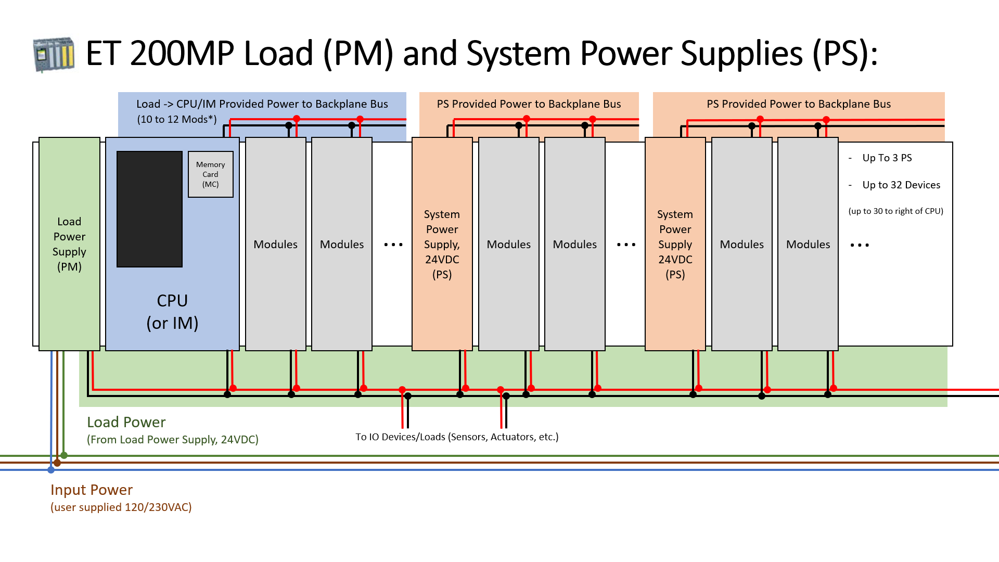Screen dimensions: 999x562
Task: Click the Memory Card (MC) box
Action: coord(211,174)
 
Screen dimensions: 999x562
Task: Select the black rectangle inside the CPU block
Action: coord(149,209)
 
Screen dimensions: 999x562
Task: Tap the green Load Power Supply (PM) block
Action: coord(69,244)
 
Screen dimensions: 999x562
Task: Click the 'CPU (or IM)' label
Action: coord(172,312)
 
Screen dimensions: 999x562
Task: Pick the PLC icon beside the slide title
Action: coord(54,54)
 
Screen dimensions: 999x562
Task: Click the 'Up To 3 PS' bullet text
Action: coord(887,158)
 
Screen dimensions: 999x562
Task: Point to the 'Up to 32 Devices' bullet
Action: coord(901,185)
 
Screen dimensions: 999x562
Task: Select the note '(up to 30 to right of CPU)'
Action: coord(895,211)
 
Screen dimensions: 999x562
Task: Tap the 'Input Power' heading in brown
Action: coord(92,490)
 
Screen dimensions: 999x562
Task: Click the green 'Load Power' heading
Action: coord(126,422)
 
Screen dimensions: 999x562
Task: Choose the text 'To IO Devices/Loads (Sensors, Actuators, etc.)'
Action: coord(457,437)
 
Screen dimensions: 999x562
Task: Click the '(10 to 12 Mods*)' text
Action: coord(177,119)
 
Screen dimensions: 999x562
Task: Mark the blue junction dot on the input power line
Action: coord(51,470)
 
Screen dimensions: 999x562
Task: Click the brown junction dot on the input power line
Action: coord(57,463)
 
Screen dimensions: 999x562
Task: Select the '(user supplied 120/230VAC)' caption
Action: coord(121,507)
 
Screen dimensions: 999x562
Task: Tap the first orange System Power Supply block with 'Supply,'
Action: coord(442,244)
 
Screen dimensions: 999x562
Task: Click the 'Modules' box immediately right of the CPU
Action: coord(276,244)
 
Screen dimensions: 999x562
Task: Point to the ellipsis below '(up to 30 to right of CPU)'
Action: coord(860,245)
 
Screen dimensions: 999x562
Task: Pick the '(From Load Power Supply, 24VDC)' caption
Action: coord(173,440)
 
